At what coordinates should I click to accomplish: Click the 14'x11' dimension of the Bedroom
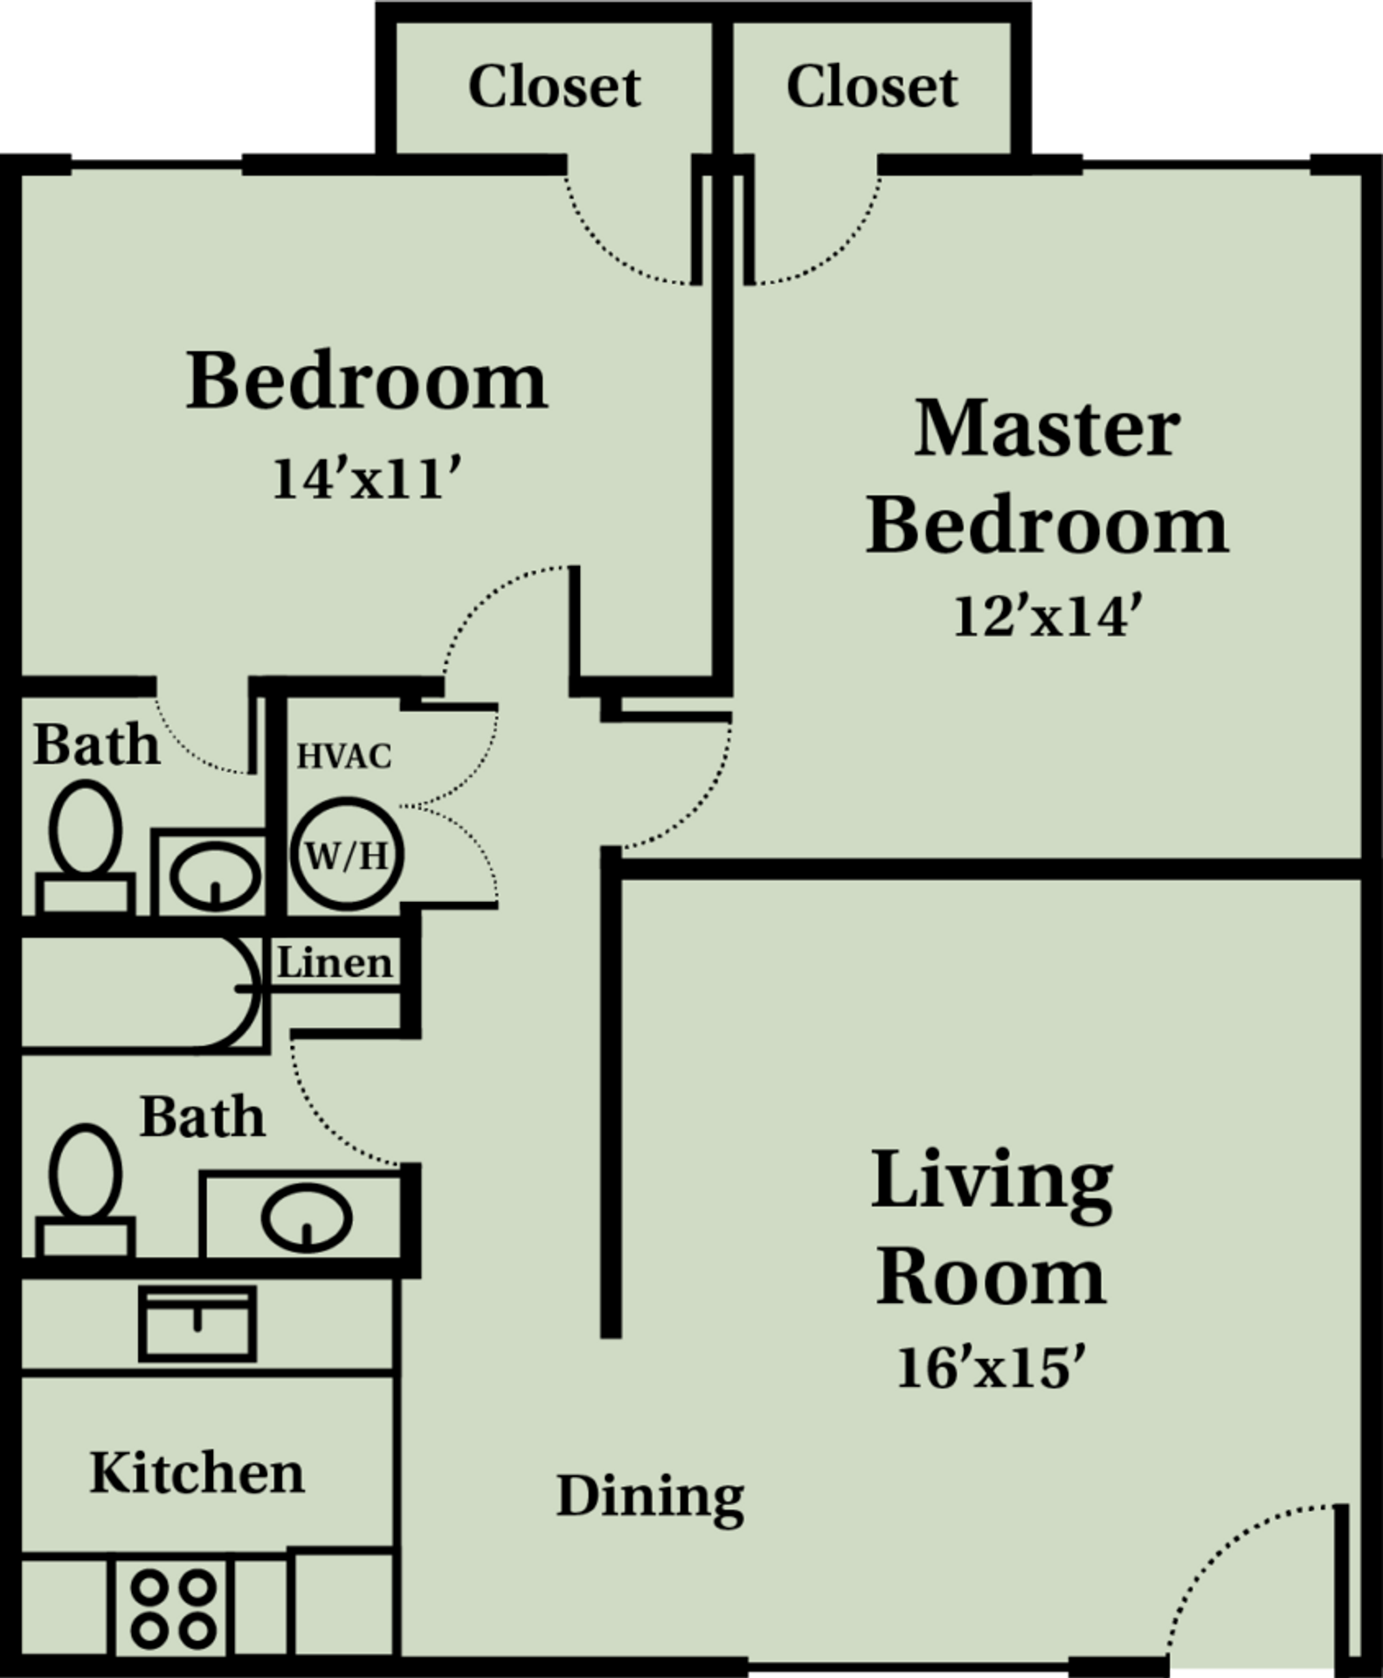coord(366,479)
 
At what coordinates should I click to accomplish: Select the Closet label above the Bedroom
coord(554,87)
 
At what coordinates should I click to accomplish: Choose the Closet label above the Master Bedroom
coord(872,87)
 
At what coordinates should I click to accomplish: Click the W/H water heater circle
coord(347,856)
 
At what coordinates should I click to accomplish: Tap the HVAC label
coord(344,756)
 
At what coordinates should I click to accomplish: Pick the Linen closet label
coord(335,963)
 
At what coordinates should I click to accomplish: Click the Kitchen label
coord(197,1473)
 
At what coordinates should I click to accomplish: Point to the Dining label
coord(650,1495)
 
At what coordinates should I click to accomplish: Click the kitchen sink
coord(197,1323)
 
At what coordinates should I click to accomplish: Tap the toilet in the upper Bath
coord(85,843)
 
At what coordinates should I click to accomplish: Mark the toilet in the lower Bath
coord(85,1189)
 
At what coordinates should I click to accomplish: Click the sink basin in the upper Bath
coord(214,875)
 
